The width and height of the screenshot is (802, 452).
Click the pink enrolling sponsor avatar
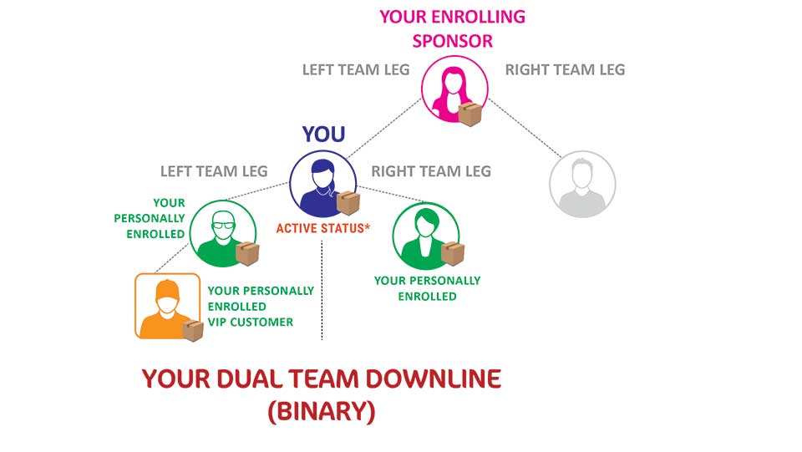click(454, 89)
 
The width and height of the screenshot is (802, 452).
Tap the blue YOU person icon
click(322, 184)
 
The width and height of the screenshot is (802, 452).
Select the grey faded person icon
click(582, 184)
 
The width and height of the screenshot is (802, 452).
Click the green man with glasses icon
click(223, 233)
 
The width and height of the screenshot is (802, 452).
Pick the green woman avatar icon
click(425, 236)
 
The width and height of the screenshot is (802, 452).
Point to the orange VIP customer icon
click(167, 306)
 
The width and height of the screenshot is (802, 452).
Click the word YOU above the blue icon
click(324, 135)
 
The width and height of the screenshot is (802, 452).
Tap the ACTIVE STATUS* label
click(322, 228)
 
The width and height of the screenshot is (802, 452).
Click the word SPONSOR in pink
click(453, 42)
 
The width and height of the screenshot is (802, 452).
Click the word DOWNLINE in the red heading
click(434, 378)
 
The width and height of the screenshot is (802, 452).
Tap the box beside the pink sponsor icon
click(470, 114)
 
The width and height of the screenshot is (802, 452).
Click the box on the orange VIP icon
click(193, 330)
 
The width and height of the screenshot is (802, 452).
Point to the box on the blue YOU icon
click(348, 203)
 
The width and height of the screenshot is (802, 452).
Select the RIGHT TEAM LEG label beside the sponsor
click(566, 69)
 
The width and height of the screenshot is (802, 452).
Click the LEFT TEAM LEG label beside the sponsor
click(356, 69)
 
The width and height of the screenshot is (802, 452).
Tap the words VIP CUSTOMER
click(251, 322)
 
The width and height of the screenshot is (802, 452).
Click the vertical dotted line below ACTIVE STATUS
click(322, 290)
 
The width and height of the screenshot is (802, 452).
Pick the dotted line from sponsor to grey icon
click(525, 128)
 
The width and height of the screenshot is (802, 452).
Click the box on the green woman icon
click(453, 254)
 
